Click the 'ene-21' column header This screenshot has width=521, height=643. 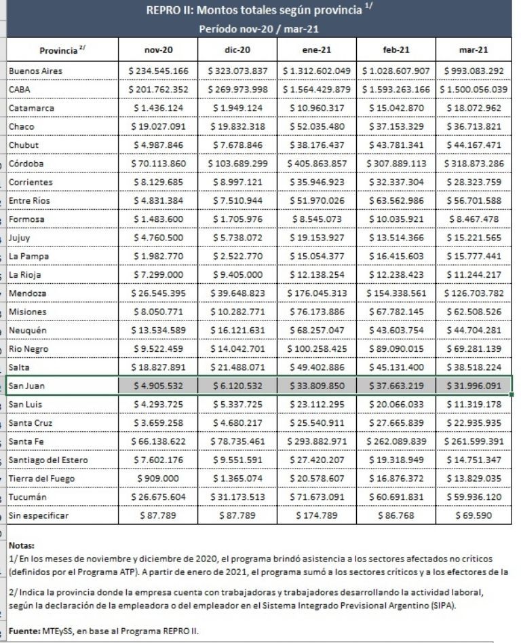318,50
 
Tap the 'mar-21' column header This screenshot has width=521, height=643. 476,50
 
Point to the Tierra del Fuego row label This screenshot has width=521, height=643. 41,478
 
